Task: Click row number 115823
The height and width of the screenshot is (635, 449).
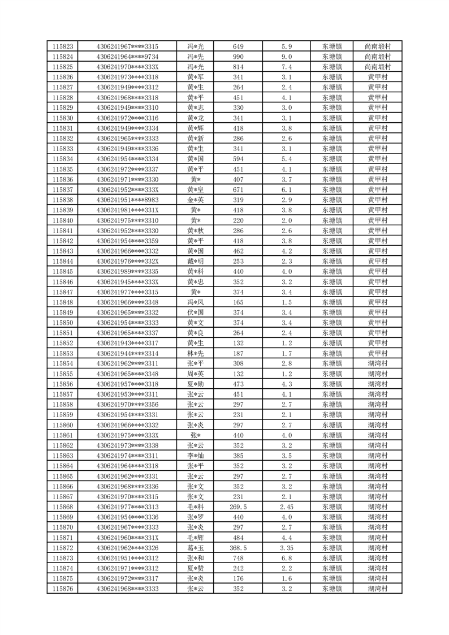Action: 62,47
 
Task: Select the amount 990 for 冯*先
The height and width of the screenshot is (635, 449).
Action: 238,57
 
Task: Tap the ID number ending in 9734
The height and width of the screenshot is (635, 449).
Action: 128,57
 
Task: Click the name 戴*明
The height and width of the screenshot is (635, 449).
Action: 196,261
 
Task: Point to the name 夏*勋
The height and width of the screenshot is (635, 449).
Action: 196,383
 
